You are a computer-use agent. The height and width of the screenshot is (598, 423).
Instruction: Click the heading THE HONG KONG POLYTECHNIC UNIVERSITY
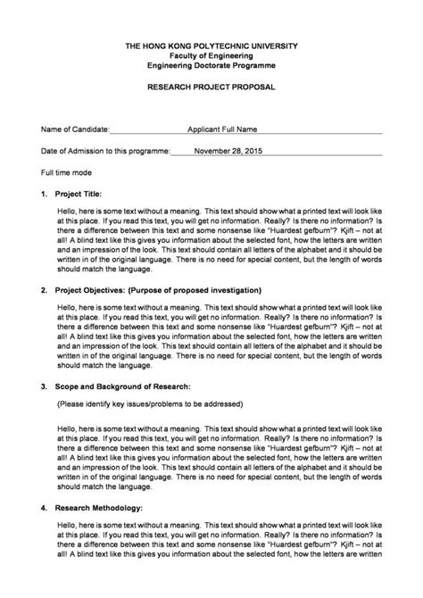[211, 46]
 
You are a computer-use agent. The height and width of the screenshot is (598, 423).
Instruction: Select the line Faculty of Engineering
[211, 55]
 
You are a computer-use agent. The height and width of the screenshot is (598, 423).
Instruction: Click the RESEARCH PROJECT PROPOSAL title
[211, 87]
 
